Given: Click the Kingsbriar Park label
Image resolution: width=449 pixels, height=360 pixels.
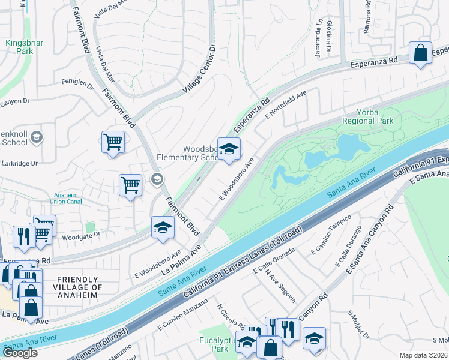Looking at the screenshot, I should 19,47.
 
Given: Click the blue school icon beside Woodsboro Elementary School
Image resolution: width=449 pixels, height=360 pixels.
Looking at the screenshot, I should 228,149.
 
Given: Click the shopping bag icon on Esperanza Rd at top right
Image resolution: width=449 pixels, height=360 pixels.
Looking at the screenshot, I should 421,53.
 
